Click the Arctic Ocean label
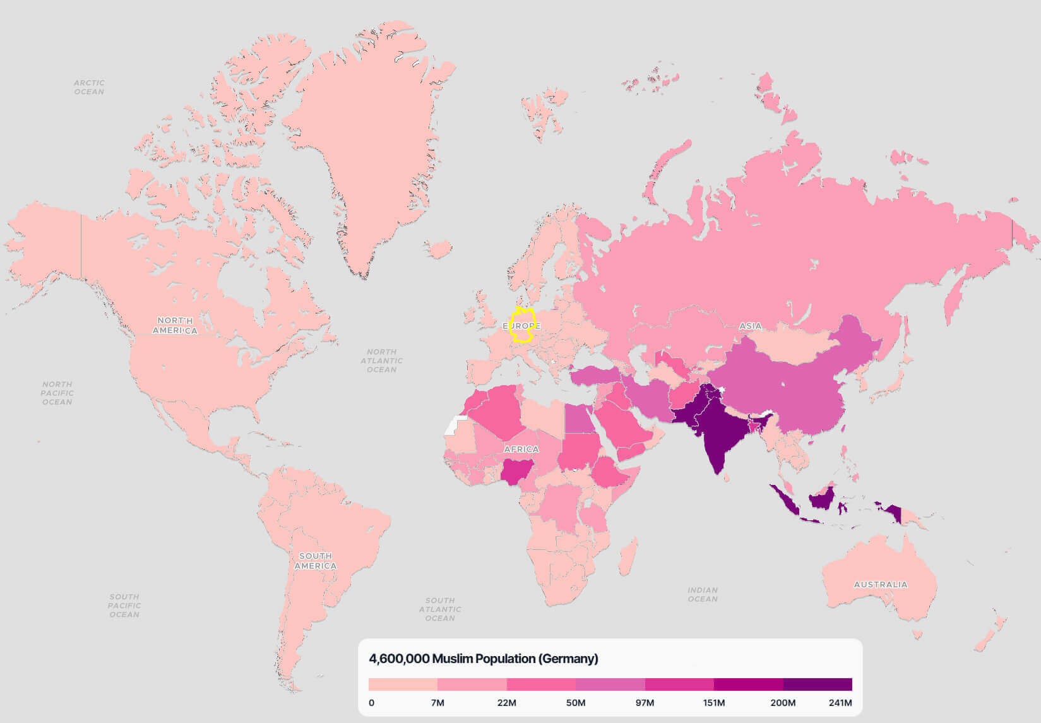tap(89, 87)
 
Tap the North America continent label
tap(175, 325)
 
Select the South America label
tap(315, 561)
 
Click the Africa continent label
tap(521, 449)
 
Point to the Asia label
tap(750, 326)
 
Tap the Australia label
tap(881, 584)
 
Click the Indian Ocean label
tap(703, 594)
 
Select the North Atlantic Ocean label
tap(381, 361)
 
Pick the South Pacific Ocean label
tap(124, 605)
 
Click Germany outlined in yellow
tap(522, 326)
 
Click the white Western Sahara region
tap(454, 426)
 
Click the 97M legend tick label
tap(645, 703)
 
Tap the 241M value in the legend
tap(840, 703)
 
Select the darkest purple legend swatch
tap(818, 684)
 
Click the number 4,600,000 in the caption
tap(399, 659)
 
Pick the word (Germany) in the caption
tap(568, 659)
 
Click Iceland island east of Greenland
tap(438, 249)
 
